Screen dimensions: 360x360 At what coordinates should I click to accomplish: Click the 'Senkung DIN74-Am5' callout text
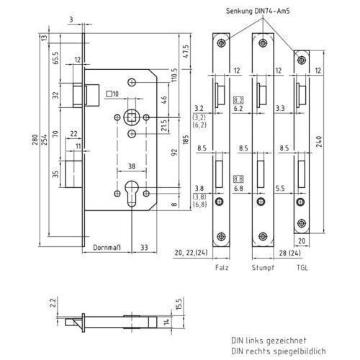[x=258, y=11]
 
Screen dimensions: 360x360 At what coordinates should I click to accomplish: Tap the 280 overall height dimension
[x=35, y=140]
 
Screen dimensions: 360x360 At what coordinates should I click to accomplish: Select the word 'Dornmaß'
[x=107, y=248]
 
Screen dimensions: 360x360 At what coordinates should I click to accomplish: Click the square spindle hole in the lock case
[x=132, y=117]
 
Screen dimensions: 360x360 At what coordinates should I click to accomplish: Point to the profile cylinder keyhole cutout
[x=132, y=194]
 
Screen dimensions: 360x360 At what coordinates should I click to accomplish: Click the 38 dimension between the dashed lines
[x=132, y=166]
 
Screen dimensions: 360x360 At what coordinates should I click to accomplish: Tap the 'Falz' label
[x=222, y=268]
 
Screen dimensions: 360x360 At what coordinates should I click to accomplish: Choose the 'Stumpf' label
[x=263, y=268]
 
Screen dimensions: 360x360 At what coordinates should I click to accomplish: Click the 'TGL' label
[x=302, y=268]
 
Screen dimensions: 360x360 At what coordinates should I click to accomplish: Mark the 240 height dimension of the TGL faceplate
[x=319, y=142]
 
